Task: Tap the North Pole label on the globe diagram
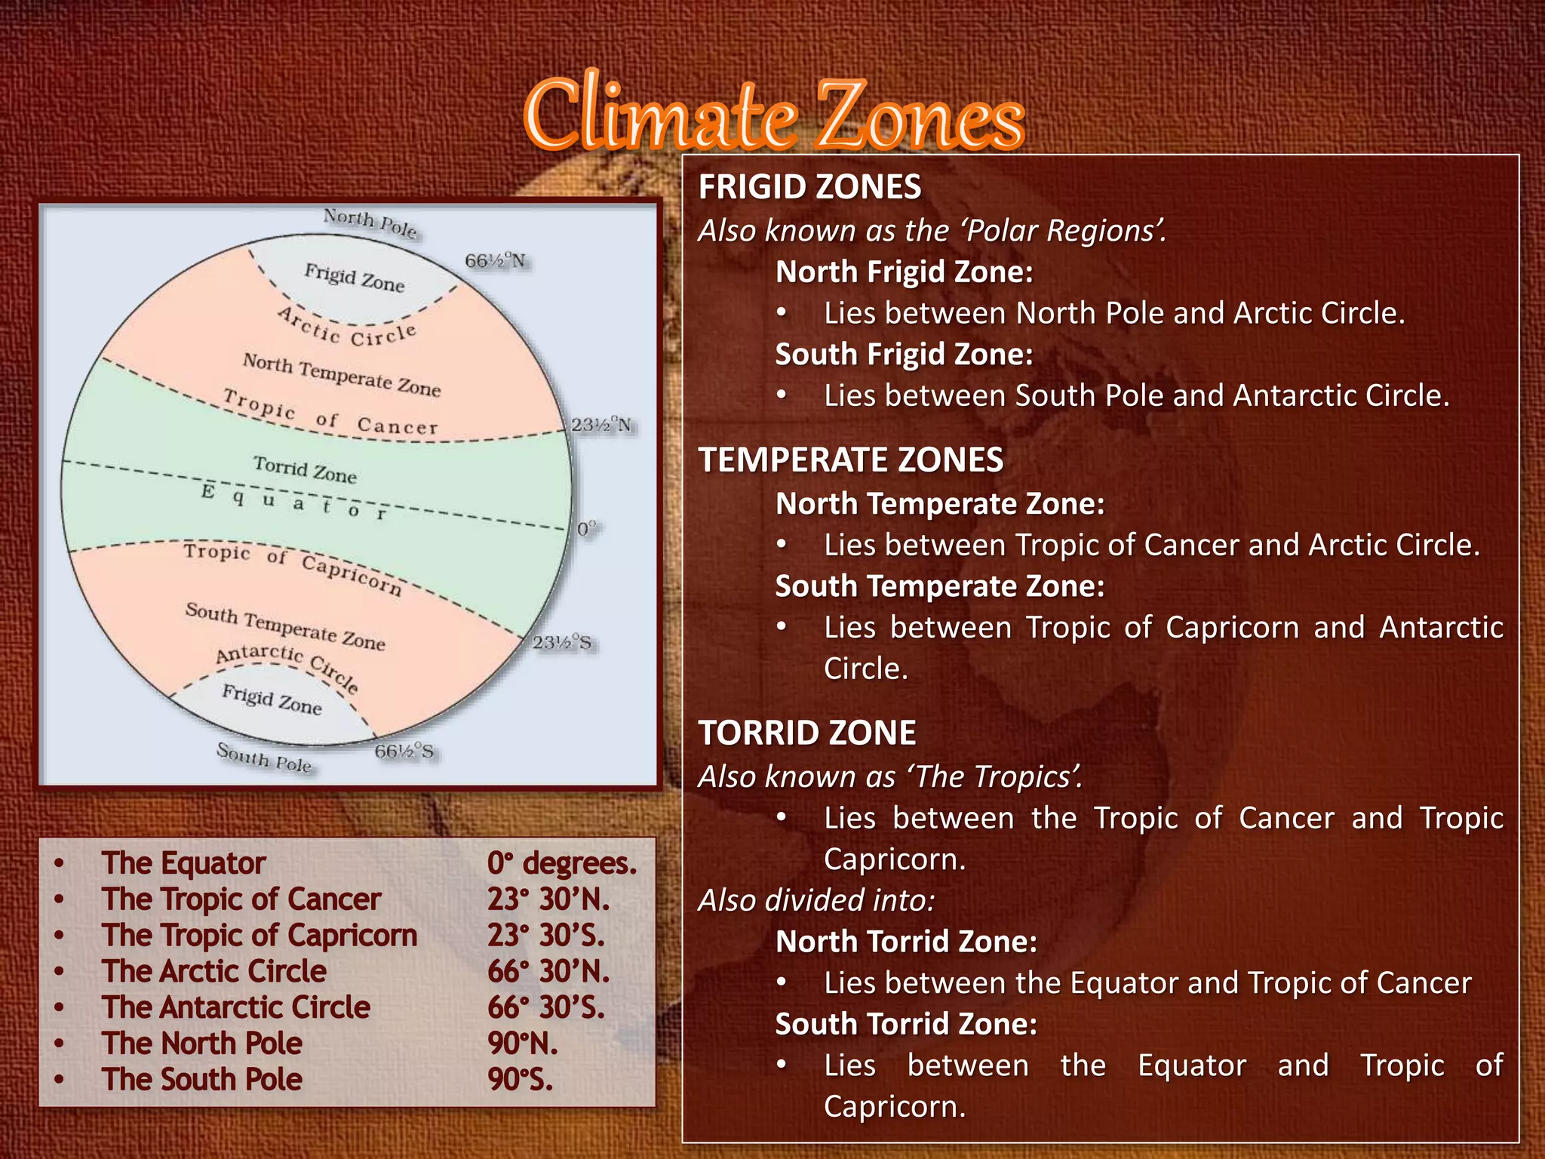click(370, 223)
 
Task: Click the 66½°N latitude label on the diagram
click(495, 261)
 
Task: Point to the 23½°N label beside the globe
click(600, 425)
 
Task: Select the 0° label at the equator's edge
click(586, 528)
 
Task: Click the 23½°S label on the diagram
click(562, 643)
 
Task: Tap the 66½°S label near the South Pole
click(404, 752)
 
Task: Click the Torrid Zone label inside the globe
click(305, 469)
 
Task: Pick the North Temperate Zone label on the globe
click(341, 375)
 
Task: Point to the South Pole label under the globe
click(264, 758)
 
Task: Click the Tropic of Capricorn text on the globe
click(293, 567)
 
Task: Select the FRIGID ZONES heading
click(809, 187)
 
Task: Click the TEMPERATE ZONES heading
click(850, 460)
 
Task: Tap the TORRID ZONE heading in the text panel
click(806, 733)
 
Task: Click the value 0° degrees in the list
click(561, 863)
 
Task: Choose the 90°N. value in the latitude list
click(522, 1044)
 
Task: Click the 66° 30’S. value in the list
click(545, 1007)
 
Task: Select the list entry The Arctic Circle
click(214, 971)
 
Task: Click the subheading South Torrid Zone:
click(906, 1024)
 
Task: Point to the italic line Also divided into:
click(816, 900)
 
